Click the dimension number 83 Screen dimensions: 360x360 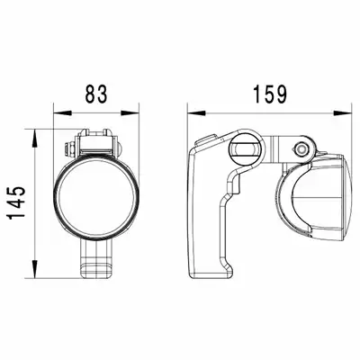coord(96,94)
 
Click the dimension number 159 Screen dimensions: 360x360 coord(270,94)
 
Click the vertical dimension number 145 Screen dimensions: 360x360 coord(16,202)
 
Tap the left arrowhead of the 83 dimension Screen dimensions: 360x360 coord(63,113)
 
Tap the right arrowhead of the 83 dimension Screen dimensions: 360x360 coord(130,113)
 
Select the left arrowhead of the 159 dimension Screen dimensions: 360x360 coord(197,113)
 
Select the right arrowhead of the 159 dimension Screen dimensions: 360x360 coord(342,113)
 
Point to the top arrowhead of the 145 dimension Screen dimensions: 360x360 coord(35,139)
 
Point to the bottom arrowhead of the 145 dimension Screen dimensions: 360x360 coord(35,268)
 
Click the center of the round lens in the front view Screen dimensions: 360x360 coord(96,197)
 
